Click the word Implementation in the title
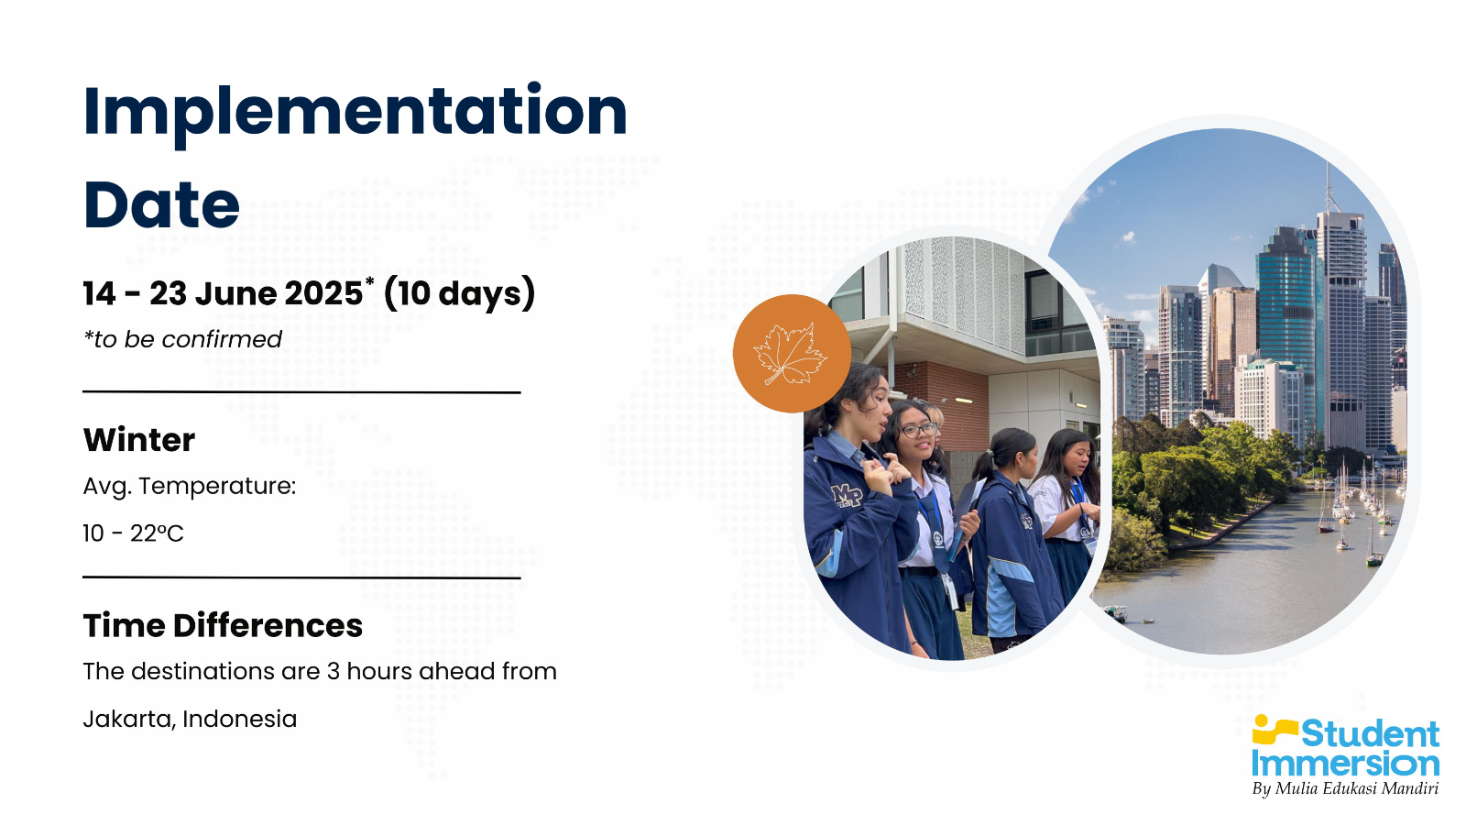click(x=355, y=114)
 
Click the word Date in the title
click(x=161, y=204)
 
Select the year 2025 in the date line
click(x=323, y=292)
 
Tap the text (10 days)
click(x=459, y=293)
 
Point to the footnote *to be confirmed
click(x=182, y=339)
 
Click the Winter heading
click(x=138, y=439)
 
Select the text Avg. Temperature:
click(x=189, y=487)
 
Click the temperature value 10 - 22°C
click(x=133, y=533)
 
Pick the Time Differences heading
click(x=223, y=625)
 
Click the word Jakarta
click(x=129, y=720)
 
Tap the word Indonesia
click(x=239, y=719)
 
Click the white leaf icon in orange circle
click(x=791, y=354)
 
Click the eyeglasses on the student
click(x=918, y=430)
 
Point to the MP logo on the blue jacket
click(x=847, y=495)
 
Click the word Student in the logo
click(x=1370, y=734)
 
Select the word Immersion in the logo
click(x=1346, y=764)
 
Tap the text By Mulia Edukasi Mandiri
click(x=1345, y=788)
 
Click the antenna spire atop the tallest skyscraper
click(x=1329, y=187)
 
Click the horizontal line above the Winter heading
click(x=301, y=392)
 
